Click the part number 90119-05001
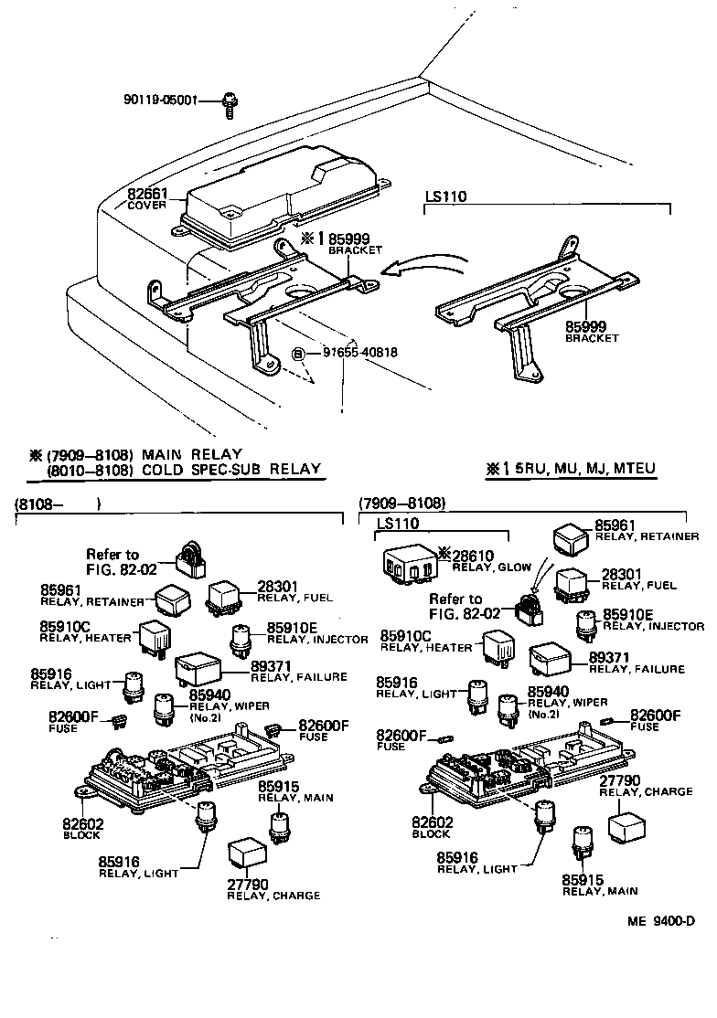tap(159, 101)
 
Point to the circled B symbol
tap(297, 354)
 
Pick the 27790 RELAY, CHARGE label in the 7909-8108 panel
tap(646, 785)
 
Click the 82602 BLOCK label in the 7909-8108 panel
tap(431, 827)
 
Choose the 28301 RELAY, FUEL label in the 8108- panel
tap(294, 591)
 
